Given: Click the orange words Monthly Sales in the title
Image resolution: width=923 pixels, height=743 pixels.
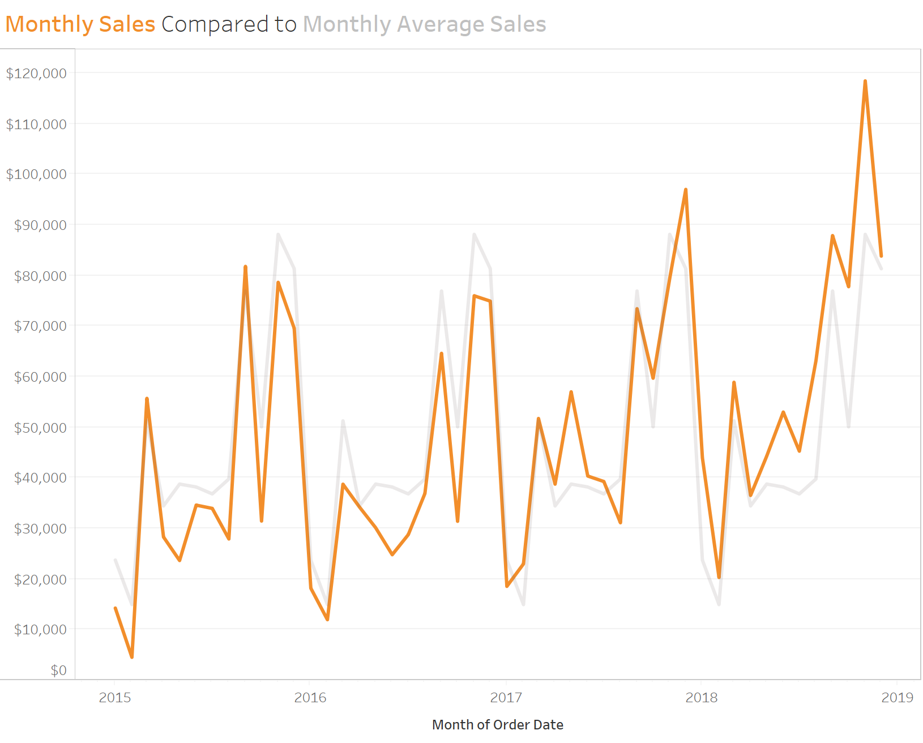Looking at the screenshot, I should click(80, 24).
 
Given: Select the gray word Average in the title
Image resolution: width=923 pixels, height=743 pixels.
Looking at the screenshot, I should click(440, 24).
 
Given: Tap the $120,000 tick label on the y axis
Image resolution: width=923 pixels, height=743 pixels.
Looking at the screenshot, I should click(36, 73).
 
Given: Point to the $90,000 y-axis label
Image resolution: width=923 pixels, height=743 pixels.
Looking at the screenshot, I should click(40, 225).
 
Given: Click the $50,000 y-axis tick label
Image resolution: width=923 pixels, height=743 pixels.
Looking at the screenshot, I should click(40, 428).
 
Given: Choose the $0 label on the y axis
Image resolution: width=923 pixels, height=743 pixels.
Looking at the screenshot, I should click(58, 671).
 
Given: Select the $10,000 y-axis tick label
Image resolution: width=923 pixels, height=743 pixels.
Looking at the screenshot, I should click(40, 629).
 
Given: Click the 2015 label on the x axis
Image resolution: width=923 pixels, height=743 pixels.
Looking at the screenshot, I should click(115, 697).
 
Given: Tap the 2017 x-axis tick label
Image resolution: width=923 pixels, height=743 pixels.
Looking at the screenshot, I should click(506, 697).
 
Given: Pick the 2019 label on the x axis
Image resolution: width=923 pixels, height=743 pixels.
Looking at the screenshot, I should click(897, 697).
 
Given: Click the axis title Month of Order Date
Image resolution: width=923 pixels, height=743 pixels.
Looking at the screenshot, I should click(497, 724).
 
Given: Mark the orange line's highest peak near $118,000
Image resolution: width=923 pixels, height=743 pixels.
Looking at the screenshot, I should click(865, 81).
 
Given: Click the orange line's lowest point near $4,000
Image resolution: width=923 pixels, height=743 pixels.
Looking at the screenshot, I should click(132, 657).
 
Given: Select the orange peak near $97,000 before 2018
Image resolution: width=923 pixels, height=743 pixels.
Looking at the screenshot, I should click(686, 190).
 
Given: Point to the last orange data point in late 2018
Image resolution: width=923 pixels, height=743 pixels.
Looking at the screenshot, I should click(881, 256).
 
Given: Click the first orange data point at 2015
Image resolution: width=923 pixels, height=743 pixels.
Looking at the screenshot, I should click(116, 608).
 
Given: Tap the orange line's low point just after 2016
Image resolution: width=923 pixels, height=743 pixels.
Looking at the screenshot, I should click(327, 619).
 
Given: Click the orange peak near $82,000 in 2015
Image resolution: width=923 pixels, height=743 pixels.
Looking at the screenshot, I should click(245, 266).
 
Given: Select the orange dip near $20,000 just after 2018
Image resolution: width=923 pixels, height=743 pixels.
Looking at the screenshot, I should click(719, 577).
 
